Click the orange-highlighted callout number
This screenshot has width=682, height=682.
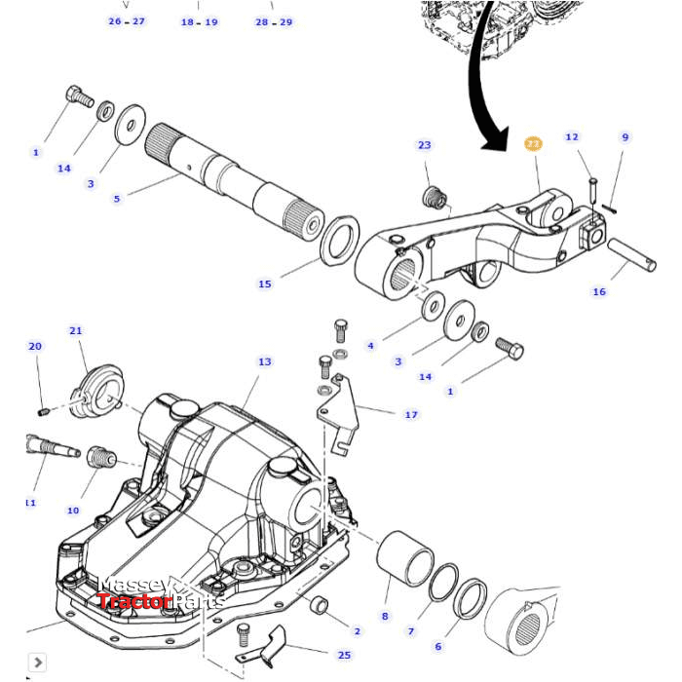click(532, 144)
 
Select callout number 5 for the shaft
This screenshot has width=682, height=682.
click(117, 199)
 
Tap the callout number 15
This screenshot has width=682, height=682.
click(265, 284)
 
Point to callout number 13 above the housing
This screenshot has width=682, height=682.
click(265, 361)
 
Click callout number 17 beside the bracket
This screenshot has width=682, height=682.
click(411, 414)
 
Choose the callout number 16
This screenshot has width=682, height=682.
click(599, 291)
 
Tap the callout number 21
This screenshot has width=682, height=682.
click(76, 330)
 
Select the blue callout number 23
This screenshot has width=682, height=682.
click(424, 145)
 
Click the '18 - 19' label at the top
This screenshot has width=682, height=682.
click(200, 21)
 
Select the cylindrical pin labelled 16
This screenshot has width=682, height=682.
click(634, 259)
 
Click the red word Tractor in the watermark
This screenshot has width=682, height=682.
click(133, 601)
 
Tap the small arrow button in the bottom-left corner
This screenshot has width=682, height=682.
click(35, 663)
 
